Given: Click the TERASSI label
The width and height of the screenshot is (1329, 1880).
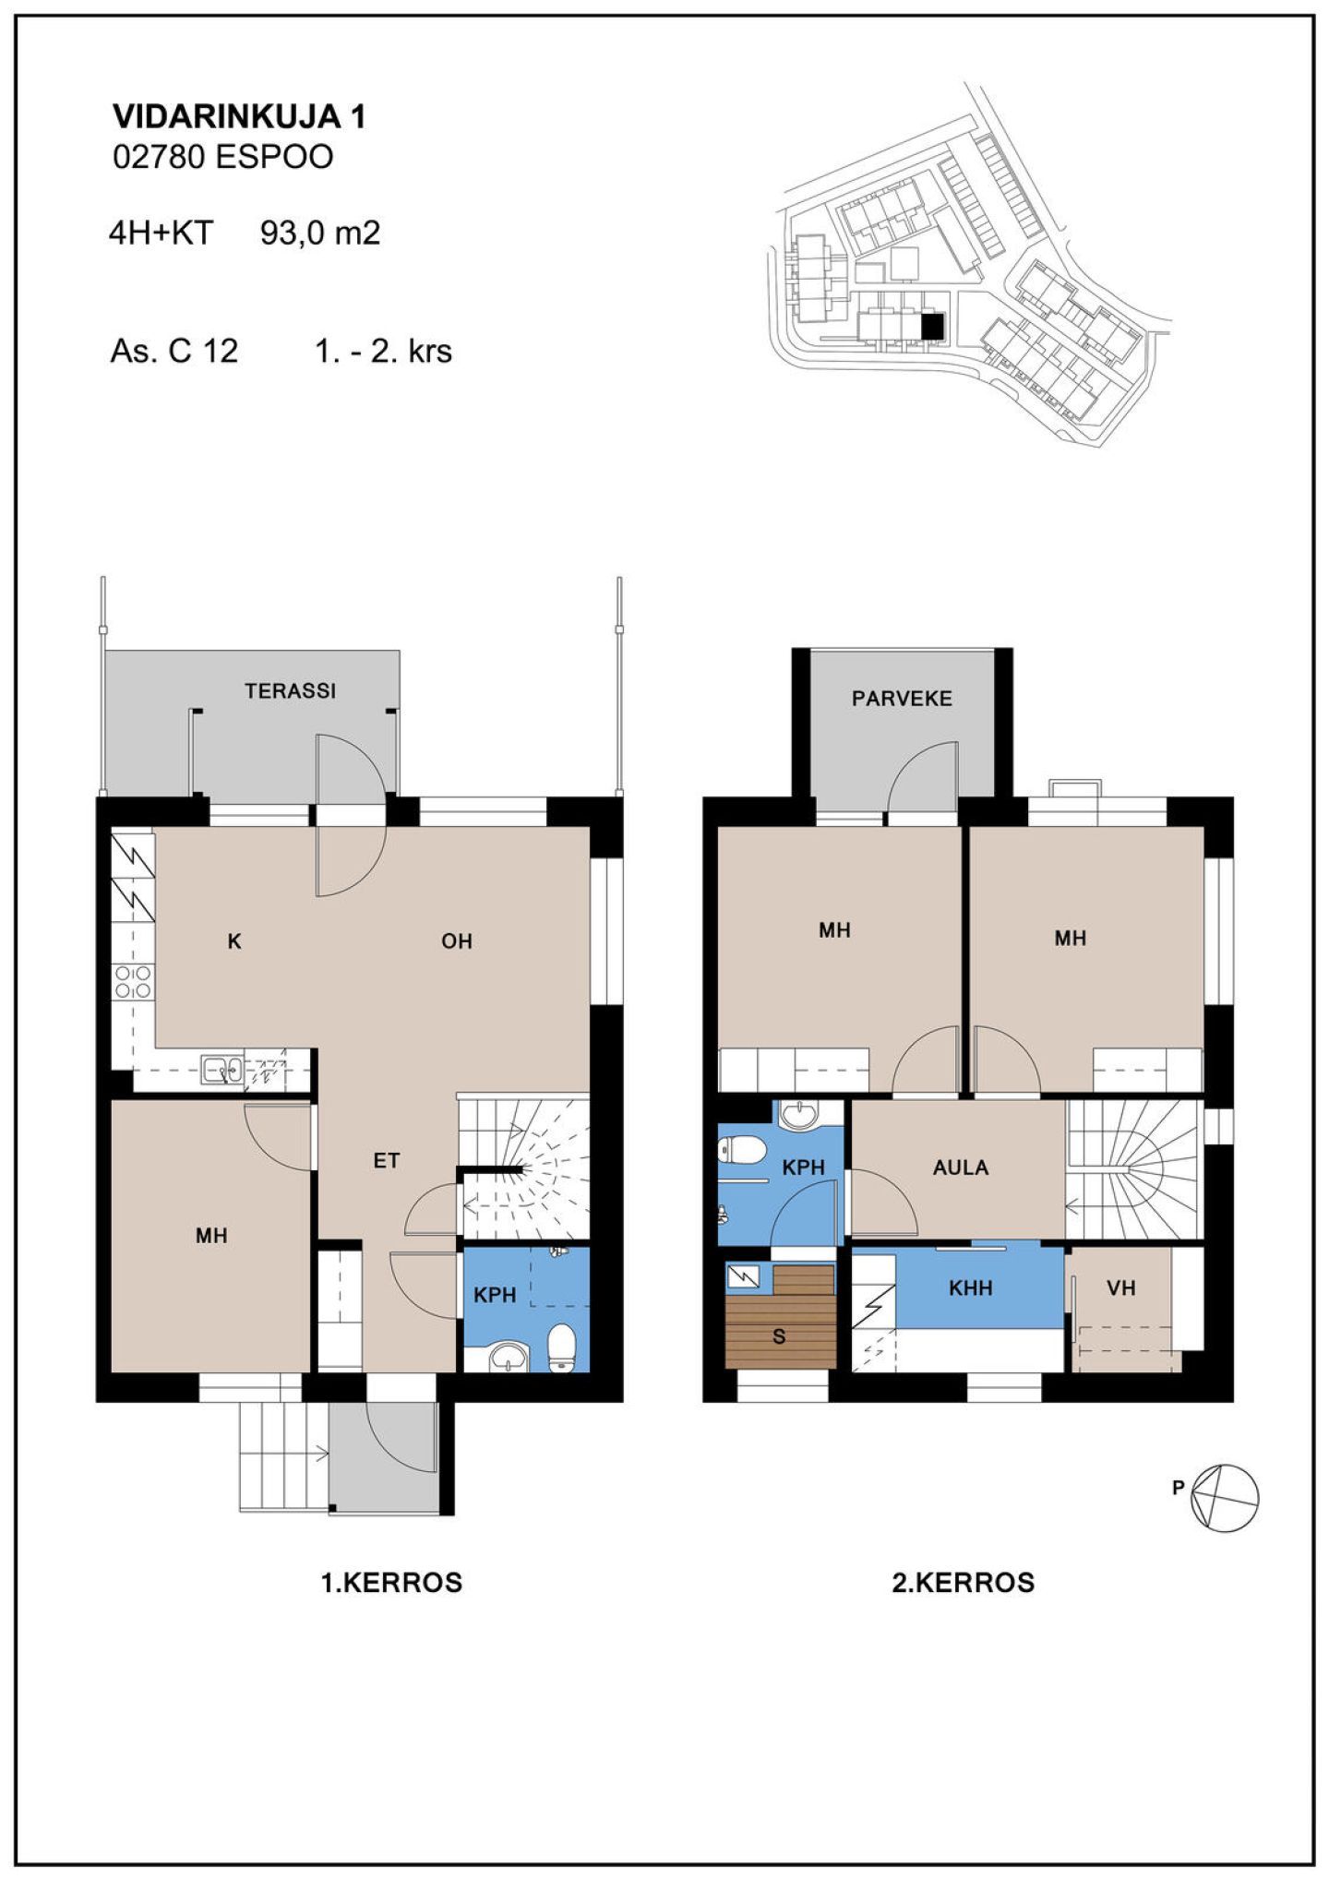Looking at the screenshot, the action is point(290,690).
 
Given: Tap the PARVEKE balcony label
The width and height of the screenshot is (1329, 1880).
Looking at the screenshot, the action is point(902,699).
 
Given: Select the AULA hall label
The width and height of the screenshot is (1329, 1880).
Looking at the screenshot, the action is point(961,1168).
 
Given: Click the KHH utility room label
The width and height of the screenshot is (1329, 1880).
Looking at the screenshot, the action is point(971,1287).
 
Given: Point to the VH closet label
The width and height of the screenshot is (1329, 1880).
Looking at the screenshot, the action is point(1121,1287).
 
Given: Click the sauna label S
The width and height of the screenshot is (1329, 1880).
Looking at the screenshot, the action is point(779,1337).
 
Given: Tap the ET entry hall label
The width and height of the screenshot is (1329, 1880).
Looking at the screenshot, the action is point(387,1161).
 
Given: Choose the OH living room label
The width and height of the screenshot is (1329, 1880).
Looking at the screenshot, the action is point(457,941).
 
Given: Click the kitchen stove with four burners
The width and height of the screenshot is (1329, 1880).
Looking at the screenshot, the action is point(132,982).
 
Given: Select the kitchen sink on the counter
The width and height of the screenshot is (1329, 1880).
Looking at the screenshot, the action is point(222,1069).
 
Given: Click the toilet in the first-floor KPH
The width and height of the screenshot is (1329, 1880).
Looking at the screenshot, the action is point(562,1348).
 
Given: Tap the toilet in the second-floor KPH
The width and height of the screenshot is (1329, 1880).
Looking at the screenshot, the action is point(742,1150).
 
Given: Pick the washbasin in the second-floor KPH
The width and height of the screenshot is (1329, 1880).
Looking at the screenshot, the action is point(799,1115).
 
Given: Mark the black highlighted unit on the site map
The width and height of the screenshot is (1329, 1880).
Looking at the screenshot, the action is point(933,326).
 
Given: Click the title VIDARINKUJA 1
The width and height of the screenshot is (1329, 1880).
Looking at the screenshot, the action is point(239,116).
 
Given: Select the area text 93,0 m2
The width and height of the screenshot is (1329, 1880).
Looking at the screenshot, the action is point(320,233).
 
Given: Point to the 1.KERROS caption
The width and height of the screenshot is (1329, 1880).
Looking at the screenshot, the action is point(391,1583).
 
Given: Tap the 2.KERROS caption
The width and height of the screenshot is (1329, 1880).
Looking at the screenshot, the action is point(964,1583).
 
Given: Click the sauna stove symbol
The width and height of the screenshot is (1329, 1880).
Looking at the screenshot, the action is point(743,1276).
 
